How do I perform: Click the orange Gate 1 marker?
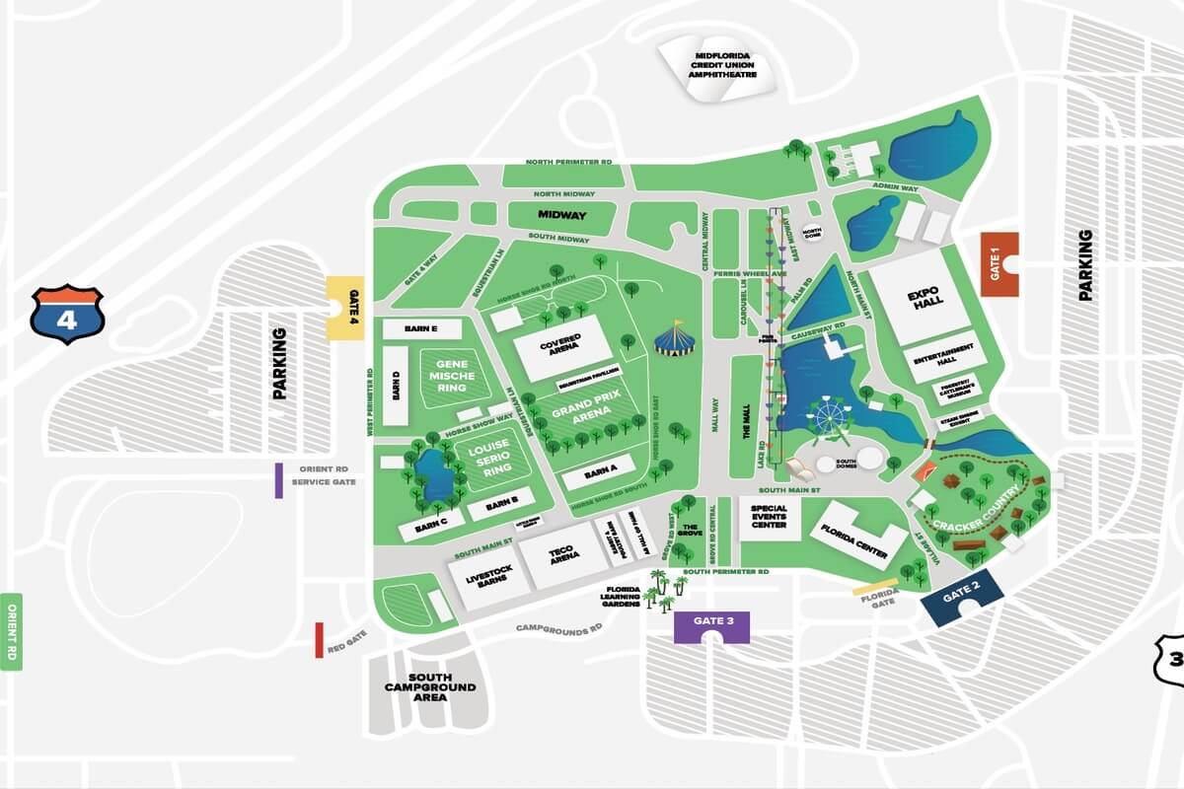[999, 263]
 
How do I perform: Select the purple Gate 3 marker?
[711, 625]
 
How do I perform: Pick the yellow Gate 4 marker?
[345, 307]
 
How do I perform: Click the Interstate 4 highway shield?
[67, 314]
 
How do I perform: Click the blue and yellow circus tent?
[675, 338]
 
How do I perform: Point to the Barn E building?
[408, 328]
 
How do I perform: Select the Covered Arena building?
[560, 348]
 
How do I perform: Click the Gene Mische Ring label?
[453, 376]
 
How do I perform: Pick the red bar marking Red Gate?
[319, 640]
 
